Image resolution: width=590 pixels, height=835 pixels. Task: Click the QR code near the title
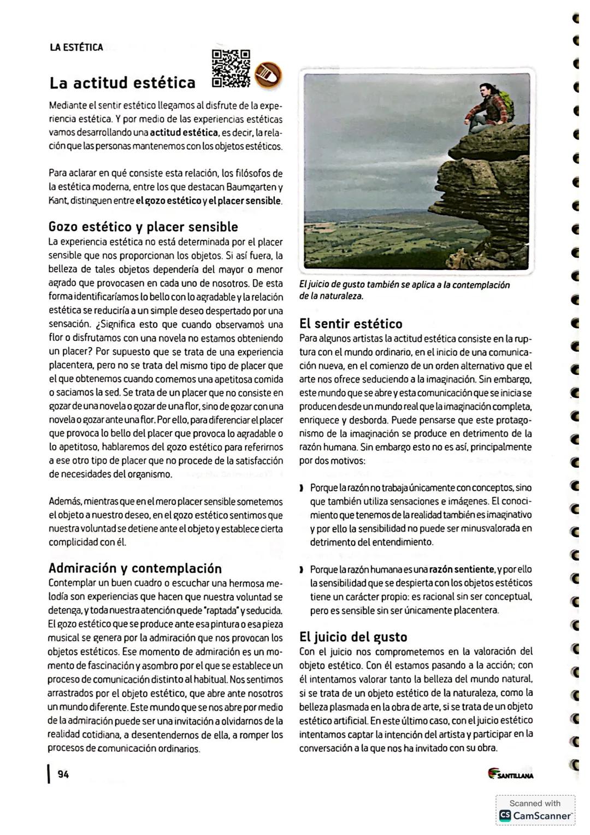tap(231, 69)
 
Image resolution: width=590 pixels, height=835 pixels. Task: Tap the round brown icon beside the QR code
tap(268, 74)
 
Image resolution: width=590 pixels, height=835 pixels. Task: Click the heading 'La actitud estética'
tap(122, 83)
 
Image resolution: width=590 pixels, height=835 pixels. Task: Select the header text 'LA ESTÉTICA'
tap(76, 48)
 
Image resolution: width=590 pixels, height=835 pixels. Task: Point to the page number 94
tap(63, 774)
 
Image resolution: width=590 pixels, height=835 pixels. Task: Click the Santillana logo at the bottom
tap(511, 774)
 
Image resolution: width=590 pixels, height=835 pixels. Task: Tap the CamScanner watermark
tap(535, 810)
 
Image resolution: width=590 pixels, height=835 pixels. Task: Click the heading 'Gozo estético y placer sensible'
tap(143, 227)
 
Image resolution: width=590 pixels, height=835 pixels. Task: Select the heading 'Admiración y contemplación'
tap(135, 568)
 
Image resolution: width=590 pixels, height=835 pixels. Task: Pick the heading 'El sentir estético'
tap(351, 324)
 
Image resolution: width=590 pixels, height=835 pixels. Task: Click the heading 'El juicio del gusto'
tap(353, 637)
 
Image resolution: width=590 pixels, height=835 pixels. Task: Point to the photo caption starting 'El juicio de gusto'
tap(404, 290)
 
